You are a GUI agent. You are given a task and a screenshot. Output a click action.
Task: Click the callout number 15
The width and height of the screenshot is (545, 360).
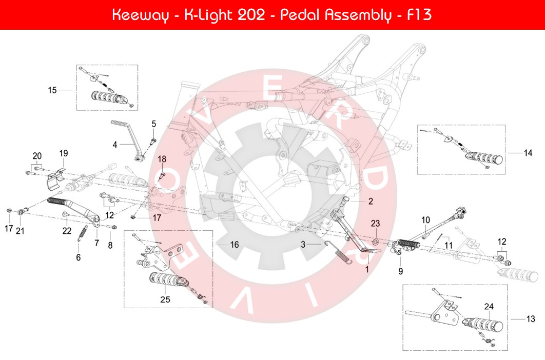point(52,90)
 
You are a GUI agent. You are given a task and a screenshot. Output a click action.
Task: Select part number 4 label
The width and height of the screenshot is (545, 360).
point(115,145)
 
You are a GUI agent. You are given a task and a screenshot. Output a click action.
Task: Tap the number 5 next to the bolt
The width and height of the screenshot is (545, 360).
point(153,124)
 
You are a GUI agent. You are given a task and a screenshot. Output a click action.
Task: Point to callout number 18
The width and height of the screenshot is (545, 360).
point(162,159)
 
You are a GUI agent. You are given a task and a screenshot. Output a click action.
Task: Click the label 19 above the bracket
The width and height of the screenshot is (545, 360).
point(64,153)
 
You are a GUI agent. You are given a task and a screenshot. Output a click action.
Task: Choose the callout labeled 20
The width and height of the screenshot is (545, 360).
point(37,156)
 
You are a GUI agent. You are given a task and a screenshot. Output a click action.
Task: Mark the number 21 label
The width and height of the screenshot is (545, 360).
point(20,231)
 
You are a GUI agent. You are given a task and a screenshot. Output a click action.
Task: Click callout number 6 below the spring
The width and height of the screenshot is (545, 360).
point(79,257)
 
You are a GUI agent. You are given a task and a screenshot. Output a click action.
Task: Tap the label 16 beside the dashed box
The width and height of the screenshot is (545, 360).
point(234,245)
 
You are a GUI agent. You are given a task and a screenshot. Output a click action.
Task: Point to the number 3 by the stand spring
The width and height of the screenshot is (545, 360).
point(303,245)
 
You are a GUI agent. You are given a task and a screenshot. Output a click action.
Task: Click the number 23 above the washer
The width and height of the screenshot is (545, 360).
point(376,224)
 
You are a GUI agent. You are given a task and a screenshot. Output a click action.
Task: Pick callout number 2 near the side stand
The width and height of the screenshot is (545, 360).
point(371,202)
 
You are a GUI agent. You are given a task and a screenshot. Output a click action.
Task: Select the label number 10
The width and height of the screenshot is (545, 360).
point(425,220)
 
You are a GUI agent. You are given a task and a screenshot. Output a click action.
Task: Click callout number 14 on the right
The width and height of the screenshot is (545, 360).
point(528,153)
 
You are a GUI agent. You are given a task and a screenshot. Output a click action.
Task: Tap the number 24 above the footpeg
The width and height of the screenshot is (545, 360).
point(489,307)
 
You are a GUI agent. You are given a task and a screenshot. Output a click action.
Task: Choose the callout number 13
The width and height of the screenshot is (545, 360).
point(531,318)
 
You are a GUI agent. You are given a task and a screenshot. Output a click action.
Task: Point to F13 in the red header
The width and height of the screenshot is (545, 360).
point(418,15)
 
